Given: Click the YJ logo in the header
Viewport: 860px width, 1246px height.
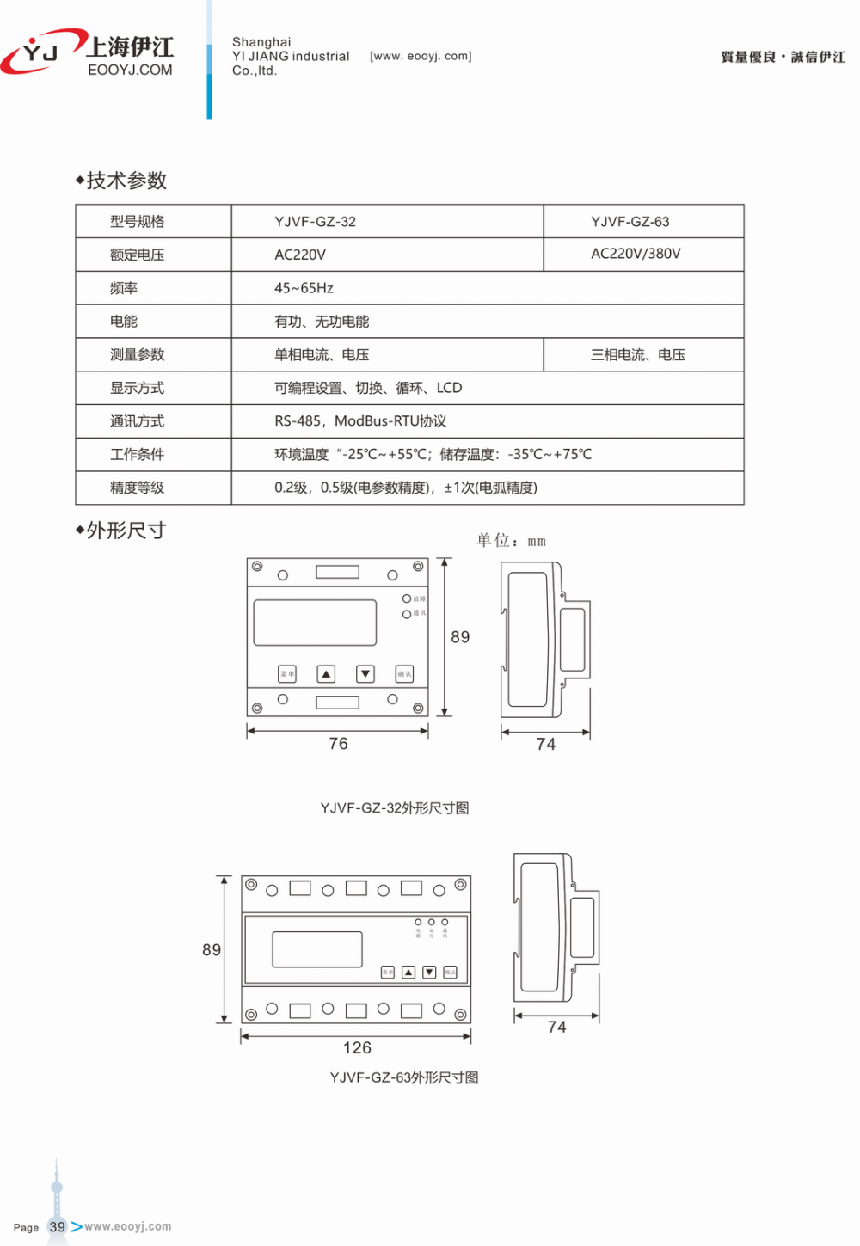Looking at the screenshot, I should [39, 53].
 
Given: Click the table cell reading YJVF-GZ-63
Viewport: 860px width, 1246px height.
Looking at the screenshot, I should [630, 222].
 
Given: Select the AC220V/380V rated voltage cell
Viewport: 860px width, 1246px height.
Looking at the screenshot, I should [636, 254].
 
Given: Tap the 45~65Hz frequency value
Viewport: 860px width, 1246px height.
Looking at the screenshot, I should [304, 288].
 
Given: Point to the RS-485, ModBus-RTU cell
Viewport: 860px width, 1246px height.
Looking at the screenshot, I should [360, 421].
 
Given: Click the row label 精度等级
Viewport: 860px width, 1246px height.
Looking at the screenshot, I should [137, 488].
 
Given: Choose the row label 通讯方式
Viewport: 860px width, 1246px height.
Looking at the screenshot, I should [137, 421].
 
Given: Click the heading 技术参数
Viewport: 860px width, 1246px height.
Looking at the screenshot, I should [126, 181].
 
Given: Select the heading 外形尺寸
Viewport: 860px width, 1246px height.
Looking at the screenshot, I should [126, 531].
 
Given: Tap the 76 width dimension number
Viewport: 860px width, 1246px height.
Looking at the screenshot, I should [339, 744].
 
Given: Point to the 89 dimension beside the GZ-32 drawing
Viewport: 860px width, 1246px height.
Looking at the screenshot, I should [460, 637].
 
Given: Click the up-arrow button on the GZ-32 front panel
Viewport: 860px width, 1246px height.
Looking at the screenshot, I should [326, 674].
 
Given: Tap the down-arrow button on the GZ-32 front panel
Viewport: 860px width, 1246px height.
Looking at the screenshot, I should [365, 674].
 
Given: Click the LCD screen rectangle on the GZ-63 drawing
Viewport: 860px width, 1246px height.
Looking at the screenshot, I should [317, 949].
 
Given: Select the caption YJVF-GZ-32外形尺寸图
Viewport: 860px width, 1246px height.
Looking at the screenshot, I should [395, 808].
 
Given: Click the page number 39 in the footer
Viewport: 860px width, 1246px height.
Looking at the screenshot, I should [58, 1227].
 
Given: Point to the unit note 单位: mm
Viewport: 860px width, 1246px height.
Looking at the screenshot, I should [511, 541].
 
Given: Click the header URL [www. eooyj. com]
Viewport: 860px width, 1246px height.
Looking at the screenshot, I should [421, 57].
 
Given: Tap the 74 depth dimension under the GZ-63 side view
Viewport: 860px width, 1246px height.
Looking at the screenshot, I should [557, 1028].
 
